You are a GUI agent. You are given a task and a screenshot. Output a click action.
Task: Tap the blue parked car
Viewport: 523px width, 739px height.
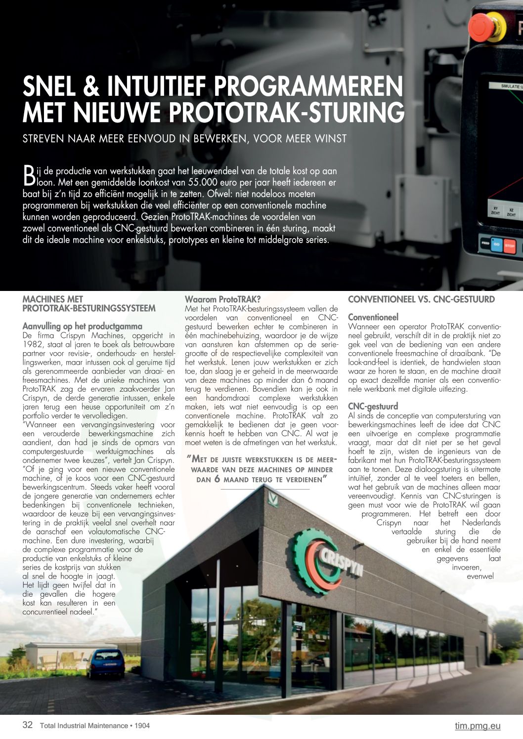pyautogui.click(x=105, y=662)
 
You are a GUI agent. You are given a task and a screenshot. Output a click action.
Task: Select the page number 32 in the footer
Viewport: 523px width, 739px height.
pyautogui.click(x=28, y=725)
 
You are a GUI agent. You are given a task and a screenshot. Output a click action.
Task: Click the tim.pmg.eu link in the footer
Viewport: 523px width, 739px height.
pyautogui.click(x=477, y=726)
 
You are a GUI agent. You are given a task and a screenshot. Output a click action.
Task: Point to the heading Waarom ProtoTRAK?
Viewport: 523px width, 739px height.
pyautogui.click(x=222, y=299)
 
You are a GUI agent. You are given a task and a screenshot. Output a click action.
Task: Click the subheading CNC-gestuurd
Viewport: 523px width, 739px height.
pyautogui.click(x=373, y=407)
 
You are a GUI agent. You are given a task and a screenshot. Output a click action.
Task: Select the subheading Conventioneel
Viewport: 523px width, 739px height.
pyautogui.click(x=373, y=317)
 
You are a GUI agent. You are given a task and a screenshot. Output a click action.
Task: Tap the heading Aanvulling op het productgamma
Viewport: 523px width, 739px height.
pyautogui.click(x=82, y=327)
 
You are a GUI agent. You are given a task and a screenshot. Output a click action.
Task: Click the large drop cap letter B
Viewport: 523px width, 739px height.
pyautogui.click(x=29, y=175)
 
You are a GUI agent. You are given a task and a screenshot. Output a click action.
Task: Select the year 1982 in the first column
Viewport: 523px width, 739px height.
pyautogui.click(x=33, y=345)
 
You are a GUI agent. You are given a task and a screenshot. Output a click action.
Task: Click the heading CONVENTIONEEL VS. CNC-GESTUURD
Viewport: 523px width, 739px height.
pyautogui.click(x=421, y=299)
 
